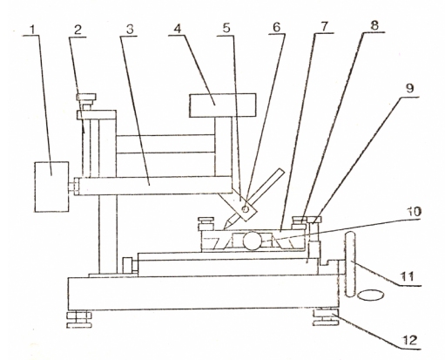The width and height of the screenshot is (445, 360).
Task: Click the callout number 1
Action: point(33,30)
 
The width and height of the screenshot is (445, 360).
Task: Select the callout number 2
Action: point(78,31)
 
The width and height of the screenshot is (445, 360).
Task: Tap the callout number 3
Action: point(130,30)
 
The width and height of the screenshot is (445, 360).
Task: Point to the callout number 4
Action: point(178,29)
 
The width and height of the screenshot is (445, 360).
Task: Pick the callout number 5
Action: point(226,28)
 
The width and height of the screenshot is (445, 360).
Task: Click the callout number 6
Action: point(277,27)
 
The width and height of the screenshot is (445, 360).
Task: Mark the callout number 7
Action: point(324,26)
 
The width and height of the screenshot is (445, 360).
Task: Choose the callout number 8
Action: point(374,25)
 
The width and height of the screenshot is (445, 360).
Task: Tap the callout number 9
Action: point(409,88)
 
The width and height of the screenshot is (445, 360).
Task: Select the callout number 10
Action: point(413,212)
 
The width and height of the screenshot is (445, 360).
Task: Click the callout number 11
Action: point(407,276)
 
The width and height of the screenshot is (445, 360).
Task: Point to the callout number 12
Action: point(409,340)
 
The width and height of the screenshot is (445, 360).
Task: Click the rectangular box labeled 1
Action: point(51,187)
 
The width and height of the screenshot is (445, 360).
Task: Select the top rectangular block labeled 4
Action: point(223,105)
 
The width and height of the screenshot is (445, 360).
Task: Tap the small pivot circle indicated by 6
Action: point(246,208)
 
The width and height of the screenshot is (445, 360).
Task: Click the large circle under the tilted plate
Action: point(252,241)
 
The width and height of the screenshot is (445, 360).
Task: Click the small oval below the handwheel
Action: point(372,295)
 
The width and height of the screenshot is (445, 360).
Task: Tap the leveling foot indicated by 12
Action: point(326,317)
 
